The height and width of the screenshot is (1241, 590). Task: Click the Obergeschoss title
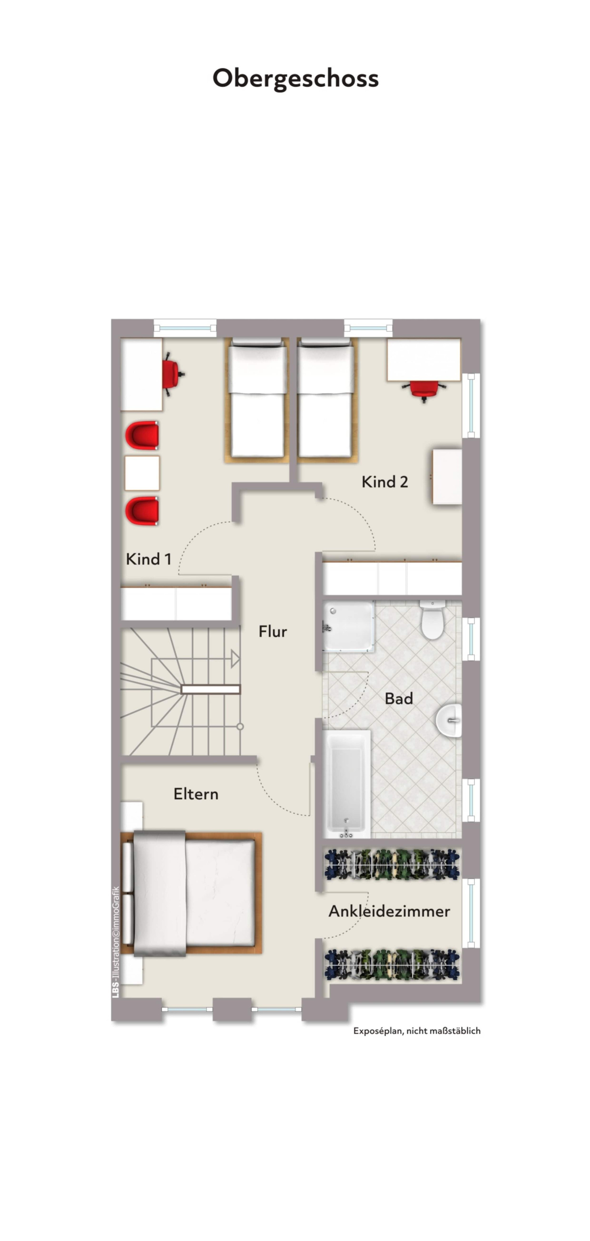(296, 78)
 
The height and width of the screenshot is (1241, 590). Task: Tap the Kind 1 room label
(148, 559)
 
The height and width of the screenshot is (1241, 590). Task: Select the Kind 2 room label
(385, 482)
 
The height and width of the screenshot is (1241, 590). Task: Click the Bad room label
(399, 699)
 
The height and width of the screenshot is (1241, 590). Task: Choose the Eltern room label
(196, 794)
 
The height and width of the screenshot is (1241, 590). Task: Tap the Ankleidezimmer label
(389, 911)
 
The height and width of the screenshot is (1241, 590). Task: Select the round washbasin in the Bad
(449, 720)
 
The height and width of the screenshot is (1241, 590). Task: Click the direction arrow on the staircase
(235, 659)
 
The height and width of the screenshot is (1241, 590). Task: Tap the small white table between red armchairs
(142, 473)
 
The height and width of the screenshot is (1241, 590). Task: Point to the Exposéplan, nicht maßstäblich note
(417, 1031)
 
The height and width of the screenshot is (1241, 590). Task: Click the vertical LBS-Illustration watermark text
(116, 942)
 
